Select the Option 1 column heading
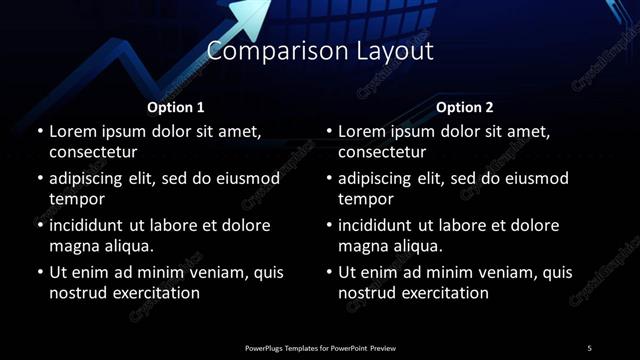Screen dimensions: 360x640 point(176,107)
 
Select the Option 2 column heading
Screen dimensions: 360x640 point(465,107)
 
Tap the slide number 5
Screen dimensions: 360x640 point(589,348)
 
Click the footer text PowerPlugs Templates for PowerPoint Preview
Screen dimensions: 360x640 point(320,348)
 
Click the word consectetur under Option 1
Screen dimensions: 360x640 point(93,152)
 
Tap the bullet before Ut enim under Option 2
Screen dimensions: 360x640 point(330,272)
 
